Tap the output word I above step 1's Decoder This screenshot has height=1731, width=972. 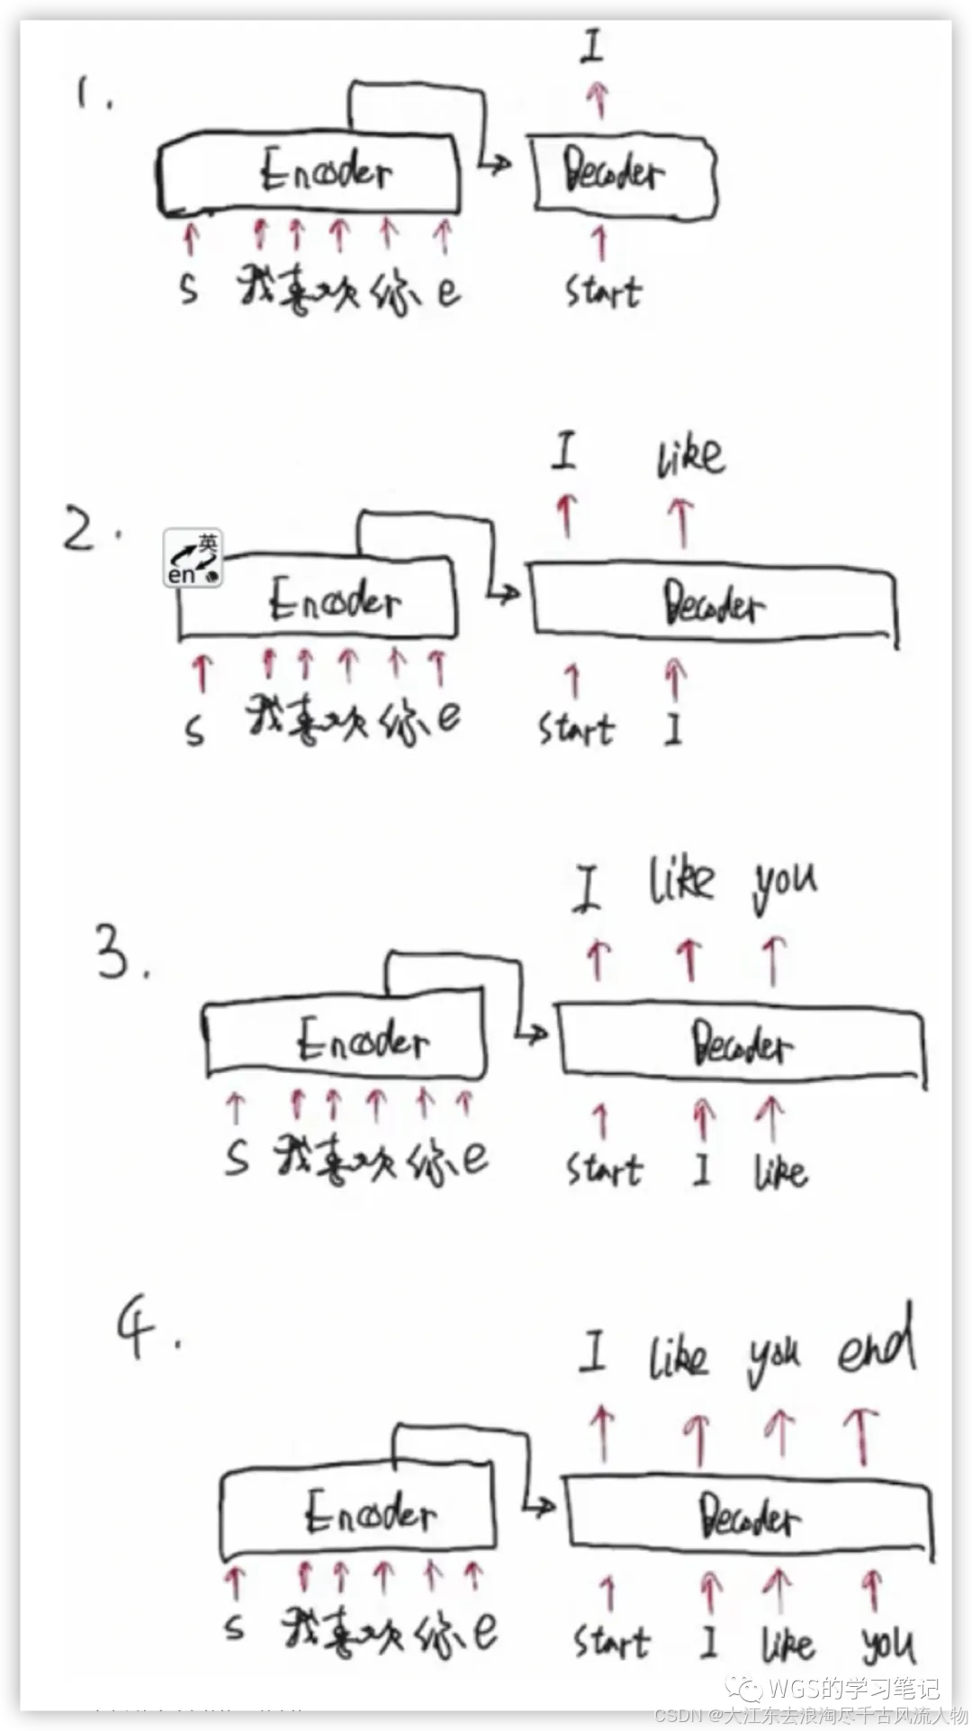pyautogui.click(x=591, y=45)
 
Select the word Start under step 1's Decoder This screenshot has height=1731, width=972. pyautogui.click(x=603, y=292)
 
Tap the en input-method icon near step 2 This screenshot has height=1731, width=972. pyautogui.click(x=193, y=558)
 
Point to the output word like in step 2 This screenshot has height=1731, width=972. pyautogui.click(x=689, y=455)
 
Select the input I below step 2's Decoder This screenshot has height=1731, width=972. pyautogui.click(x=673, y=728)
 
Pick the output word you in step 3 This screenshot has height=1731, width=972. pyautogui.click(x=785, y=881)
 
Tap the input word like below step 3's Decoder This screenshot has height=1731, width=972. pyautogui.click(x=780, y=1171)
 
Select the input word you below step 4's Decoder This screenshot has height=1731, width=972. pyautogui.click(x=888, y=1644)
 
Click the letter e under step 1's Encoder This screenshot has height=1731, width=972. pyautogui.click(x=447, y=290)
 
